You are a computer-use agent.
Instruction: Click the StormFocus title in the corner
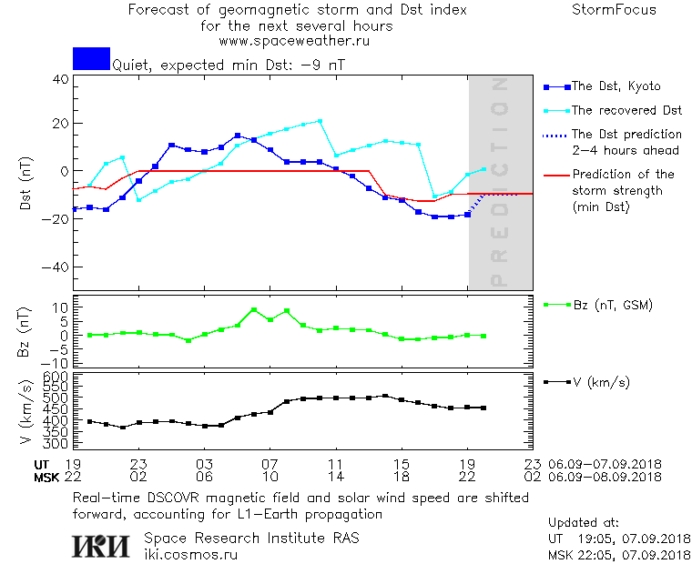pos(613,10)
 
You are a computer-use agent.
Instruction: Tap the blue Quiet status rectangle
pos(91,58)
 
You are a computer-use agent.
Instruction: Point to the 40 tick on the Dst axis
pos(61,78)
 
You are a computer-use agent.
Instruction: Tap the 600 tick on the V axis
pos(56,376)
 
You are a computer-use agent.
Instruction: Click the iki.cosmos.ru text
pos(191,554)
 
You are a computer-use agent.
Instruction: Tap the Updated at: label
pos(584,523)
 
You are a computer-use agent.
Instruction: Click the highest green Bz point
pos(254,309)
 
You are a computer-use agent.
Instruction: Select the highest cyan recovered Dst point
pos(320,121)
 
